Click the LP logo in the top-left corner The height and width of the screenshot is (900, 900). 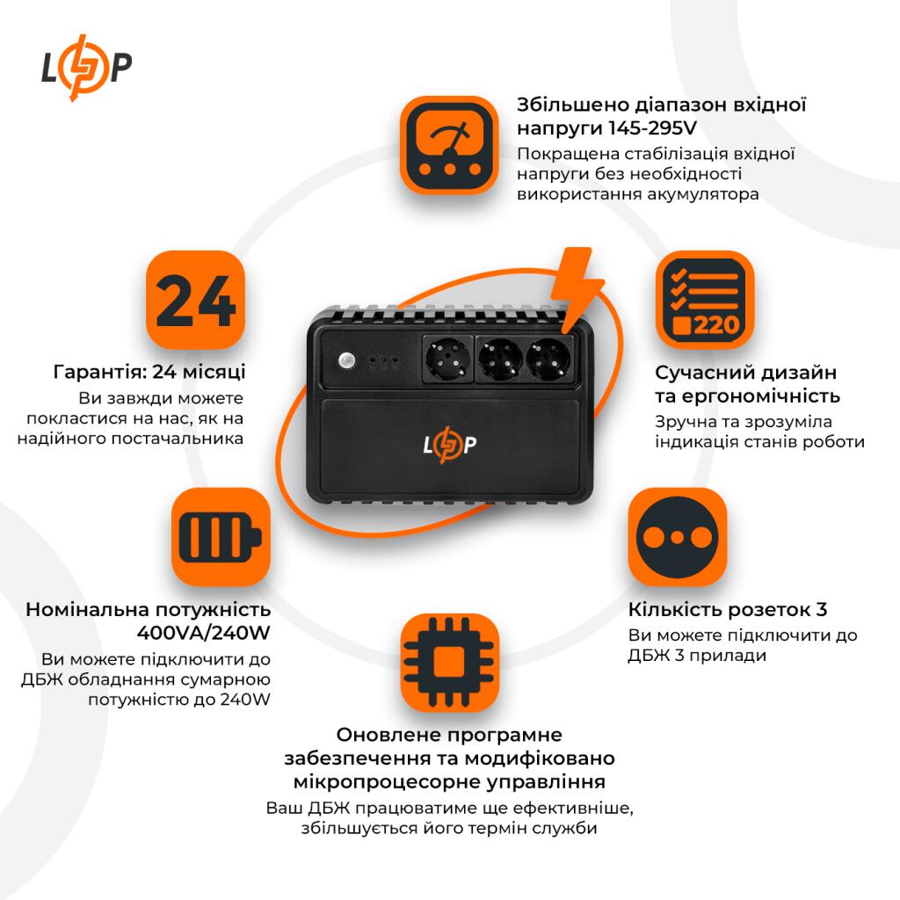click(x=87, y=69)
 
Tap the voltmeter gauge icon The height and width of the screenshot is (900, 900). click(x=449, y=145)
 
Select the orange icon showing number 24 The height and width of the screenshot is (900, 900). click(x=193, y=300)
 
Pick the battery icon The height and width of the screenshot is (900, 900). click(x=220, y=537)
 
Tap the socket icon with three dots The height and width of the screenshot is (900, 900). click(x=677, y=537)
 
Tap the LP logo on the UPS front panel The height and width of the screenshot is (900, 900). click(x=450, y=445)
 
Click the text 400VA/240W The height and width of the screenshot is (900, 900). click(x=204, y=633)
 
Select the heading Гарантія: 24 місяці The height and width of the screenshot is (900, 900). click(x=149, y=372)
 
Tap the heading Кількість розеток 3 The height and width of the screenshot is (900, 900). click(x=728, y=610)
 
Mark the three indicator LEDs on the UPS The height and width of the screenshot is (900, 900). click(x=384, y=360)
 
